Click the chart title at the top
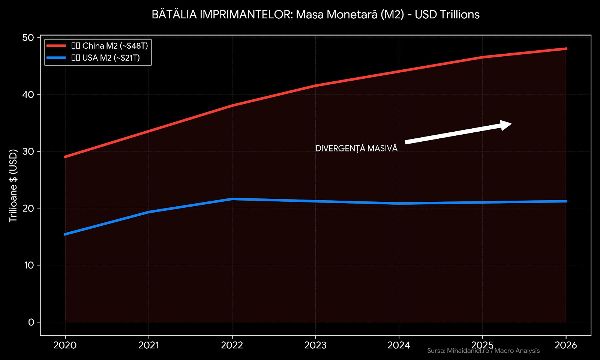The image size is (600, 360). [315, 15]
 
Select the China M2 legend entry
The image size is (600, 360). [109, 46]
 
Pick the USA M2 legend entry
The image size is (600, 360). [105, 58]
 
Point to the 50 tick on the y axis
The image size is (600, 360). [28, 37]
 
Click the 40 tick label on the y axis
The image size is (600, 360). [28, 94]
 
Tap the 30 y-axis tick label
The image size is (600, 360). [28, 151]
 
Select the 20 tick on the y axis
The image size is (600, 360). [28, 208]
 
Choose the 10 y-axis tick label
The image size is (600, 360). [28, 265]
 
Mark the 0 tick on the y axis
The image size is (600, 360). [31, 322]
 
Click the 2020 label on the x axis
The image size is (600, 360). [65, 345]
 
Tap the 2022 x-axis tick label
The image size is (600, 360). [232, 345]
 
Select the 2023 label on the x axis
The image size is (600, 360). [315, 345]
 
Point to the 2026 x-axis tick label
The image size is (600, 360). [566, 345]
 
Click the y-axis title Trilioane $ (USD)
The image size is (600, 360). [13, 186]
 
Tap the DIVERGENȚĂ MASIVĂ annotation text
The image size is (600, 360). [356, 148]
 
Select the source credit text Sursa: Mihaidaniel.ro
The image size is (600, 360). [483, 351]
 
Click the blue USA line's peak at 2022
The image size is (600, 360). [232, 199]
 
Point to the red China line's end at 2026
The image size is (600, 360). [566, 49]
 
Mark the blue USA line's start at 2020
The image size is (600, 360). [65, 234]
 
